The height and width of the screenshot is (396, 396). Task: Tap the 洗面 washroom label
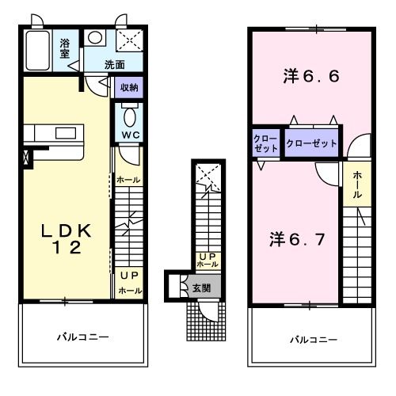pyautogui.click(x=116, y=63)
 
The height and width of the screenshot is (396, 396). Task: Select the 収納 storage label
pyautogui.click(x=130, y=88)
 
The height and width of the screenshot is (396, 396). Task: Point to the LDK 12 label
pyautogui.click(x=67, y=238)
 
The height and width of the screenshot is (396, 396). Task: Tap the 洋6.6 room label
pyautogui.click(x=312, y=77)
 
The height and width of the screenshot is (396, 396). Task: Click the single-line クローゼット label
pyautogui.click(x=311, y=144)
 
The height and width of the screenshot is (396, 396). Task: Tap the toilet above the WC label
pyautogui.click(x=131, y=116)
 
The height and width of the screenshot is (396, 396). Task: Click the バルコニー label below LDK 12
pyautogui.click(x=82, y=337)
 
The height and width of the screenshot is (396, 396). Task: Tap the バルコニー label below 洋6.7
pyautogui.click(x=312, y=340)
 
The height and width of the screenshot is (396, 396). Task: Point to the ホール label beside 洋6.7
pyautogui.click(x=358, y=183)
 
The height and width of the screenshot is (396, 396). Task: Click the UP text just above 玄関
pyautogui.click(x=208, y=256)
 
